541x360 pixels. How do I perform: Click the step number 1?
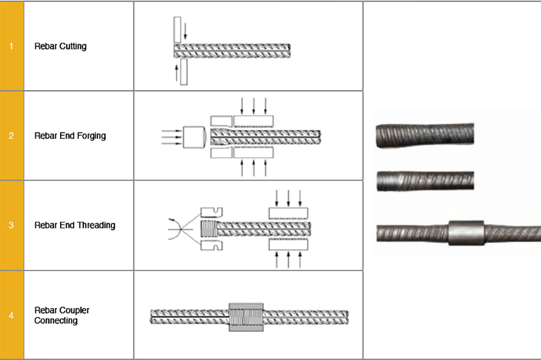[11, 46]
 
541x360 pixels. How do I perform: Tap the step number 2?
[11, 136]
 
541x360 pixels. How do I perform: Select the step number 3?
[11, 225]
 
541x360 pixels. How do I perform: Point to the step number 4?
[11, 315]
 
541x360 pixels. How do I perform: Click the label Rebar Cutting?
[61, 46]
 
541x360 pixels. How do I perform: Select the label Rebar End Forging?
[70, 136]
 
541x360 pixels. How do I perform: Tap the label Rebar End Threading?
[75, 225]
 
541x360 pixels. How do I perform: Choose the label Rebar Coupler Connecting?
[62, 315]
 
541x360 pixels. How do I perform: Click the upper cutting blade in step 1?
[177, 30]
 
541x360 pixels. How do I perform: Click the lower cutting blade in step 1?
[184, 72]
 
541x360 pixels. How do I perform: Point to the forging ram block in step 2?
[194, 137]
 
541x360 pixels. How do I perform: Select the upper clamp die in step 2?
[254, 121]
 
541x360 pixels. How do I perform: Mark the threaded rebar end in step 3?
[208, 228]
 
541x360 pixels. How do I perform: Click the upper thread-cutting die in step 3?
[212, 212]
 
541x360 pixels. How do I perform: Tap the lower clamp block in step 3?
[288, 244]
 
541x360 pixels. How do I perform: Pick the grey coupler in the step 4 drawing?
[246, 317]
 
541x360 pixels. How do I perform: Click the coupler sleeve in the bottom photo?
[466, 233]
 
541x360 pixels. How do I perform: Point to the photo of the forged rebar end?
[425, 135]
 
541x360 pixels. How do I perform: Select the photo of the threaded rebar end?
[425, 181]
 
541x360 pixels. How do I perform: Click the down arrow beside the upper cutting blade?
[185, 31]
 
